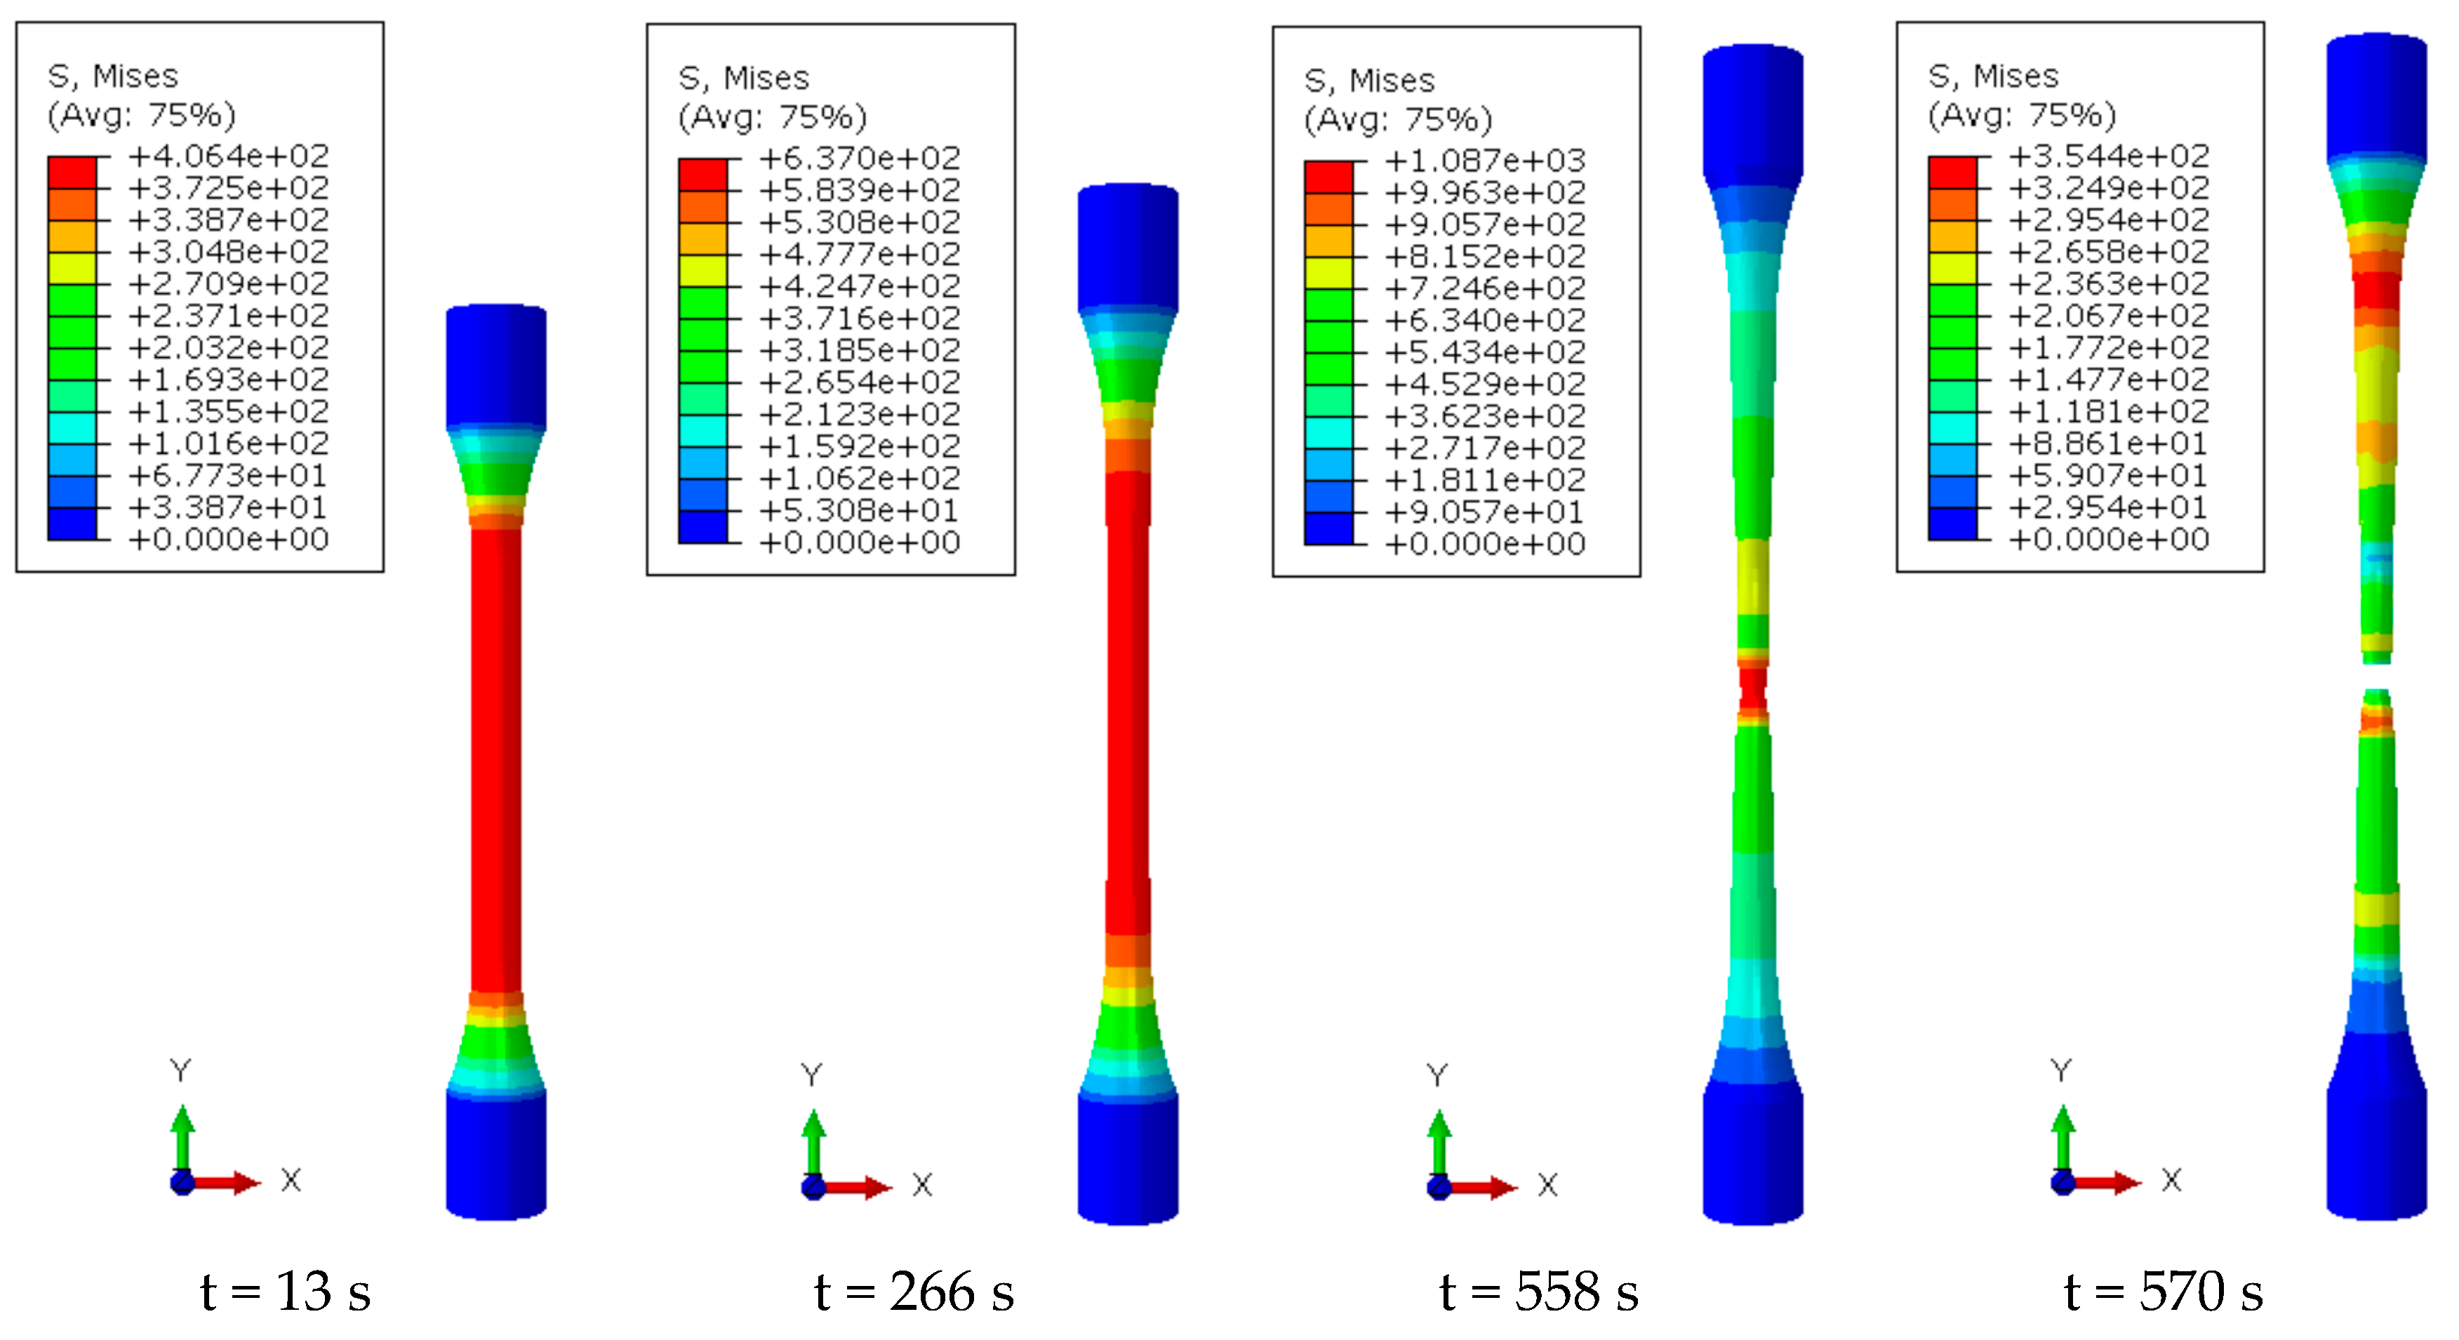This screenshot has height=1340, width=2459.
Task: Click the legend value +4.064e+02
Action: pos(229,156)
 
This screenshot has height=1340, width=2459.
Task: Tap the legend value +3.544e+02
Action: pos(2110,156)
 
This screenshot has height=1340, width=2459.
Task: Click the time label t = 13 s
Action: pos(286,1292)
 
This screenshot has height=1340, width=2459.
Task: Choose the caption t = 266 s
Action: pos(914,1292)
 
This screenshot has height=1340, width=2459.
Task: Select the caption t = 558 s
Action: pos(1539,1292)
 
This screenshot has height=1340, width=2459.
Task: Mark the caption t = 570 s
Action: pos(2163,1292)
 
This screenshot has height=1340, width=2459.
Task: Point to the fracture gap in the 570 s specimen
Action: pos(2376,676)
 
